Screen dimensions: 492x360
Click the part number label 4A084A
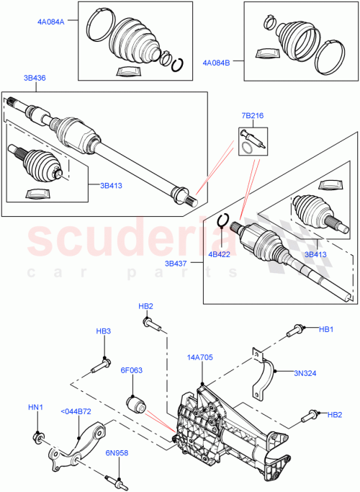[51, 22]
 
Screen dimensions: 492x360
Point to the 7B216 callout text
[253, 115]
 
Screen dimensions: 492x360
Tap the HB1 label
[327, 328]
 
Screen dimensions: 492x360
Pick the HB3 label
[104, 331]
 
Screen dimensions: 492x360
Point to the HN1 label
[35, 407]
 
